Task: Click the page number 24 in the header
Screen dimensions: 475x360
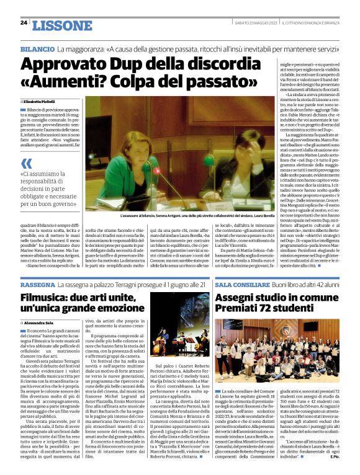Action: (24, 23)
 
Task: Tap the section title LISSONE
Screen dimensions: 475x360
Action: (57, 25)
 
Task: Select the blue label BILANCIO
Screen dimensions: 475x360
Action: (37, 48)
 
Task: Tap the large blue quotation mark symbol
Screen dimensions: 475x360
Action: (25, 164)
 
